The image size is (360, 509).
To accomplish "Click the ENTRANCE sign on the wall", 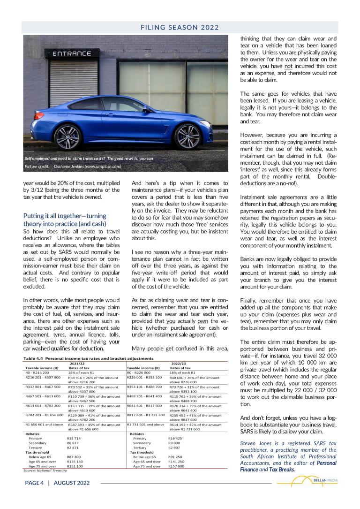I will tap(72, 53).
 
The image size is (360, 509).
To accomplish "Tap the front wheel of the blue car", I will tap(187, 136).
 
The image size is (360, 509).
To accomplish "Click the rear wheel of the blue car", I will tap(68, 137).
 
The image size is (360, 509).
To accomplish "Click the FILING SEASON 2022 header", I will tap(180, 27).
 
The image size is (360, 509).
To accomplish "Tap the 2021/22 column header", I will tap(77, 363).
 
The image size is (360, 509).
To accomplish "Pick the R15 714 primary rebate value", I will tap(74, 438).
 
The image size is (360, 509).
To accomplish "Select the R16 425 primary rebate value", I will tap(175, 438).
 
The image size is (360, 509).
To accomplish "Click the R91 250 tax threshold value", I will tap(175, 456).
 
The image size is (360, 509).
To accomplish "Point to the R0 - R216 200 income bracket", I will tap(37, 372).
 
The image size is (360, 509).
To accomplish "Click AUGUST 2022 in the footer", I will tap(72, 483).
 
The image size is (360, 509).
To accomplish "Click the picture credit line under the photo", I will tap(73, 166).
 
